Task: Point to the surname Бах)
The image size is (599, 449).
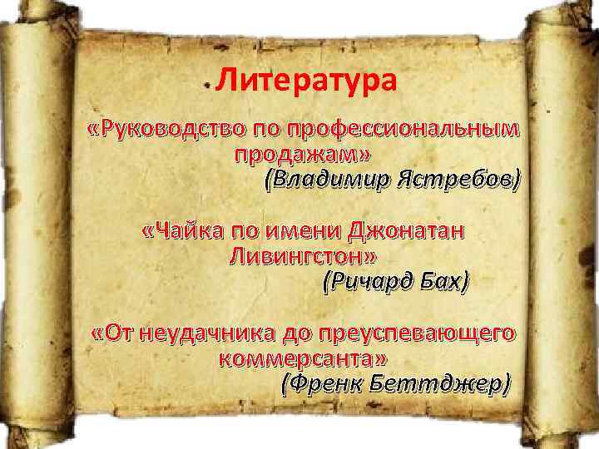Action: pyautogui.click(x=442, y=283)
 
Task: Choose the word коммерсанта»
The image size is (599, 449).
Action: pyautogui.click(x=302, y=359)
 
